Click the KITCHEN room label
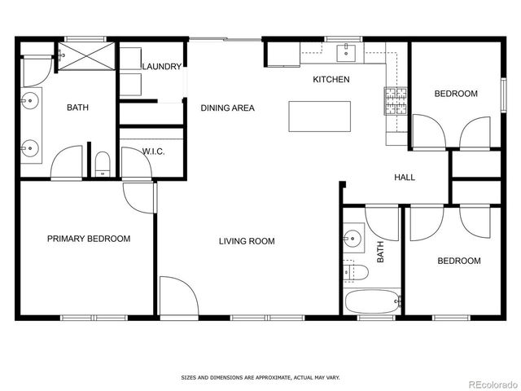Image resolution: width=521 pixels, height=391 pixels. [x=331, y=79]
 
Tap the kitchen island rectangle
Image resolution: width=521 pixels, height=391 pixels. [x=319, y=116]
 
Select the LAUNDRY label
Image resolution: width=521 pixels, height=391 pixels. [x=161, y=67]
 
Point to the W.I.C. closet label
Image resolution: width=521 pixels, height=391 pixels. [x=154, y=152]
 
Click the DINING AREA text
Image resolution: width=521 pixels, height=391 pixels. [x=228, y=108]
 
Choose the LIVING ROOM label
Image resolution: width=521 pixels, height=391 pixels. [x=246, y=241]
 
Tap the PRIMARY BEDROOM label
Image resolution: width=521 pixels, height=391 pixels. [x=89, y=239]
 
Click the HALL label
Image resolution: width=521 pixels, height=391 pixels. [x=405, y=177]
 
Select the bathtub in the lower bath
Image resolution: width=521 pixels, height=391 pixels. [x=373, y=301]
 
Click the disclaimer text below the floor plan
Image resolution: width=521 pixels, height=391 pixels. [x=260, y=378]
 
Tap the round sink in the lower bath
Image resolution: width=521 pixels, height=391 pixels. [x=352, y=239]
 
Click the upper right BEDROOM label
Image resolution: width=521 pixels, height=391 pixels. [x=455, y=94]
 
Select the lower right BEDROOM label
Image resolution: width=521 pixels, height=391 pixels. [x=458, y=261]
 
